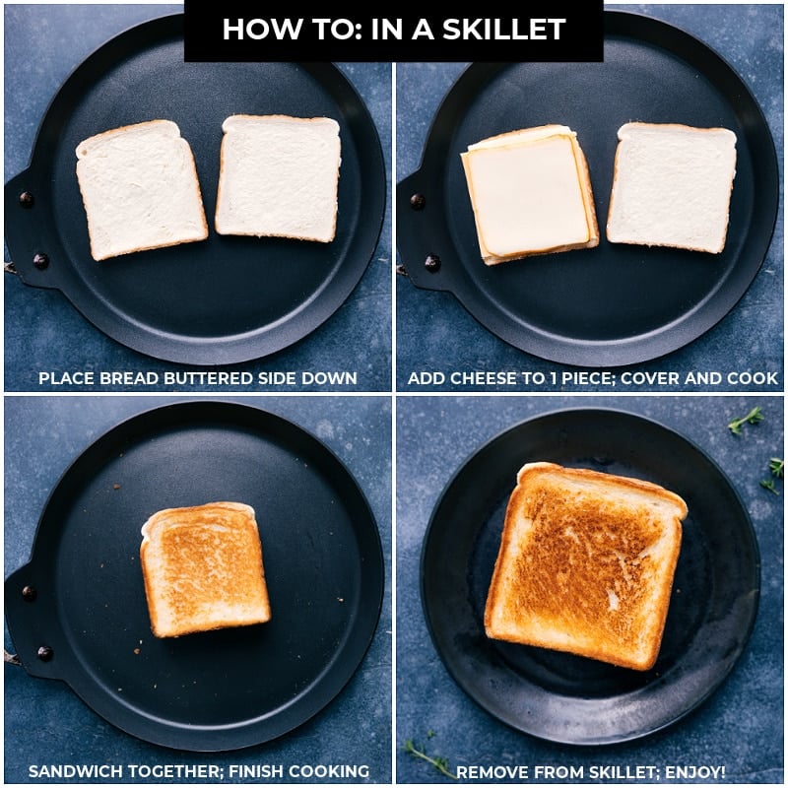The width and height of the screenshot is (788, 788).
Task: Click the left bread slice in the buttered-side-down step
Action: tap(141, 189)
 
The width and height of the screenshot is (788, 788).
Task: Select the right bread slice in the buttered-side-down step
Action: tap(278, 177)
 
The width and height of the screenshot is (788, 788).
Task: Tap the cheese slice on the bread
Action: tap(529, 195)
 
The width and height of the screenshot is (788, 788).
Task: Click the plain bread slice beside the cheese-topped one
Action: tap(671, 187)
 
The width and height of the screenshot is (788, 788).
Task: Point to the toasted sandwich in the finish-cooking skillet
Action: tap(204, 569)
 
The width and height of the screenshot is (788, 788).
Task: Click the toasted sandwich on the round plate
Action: tap(585, 563)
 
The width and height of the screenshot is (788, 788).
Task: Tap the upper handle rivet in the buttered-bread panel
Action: tap(27, 200)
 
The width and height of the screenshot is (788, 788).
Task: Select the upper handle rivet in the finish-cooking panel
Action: tap(29, 593)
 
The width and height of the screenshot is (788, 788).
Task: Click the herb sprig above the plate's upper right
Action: tap(746, 420)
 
